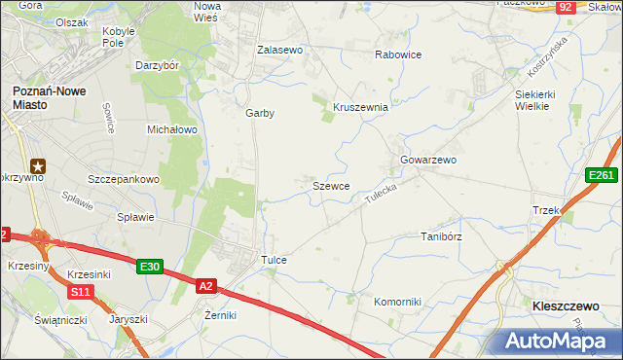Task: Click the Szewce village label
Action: coord(331,185)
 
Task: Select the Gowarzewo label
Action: coord(428,160)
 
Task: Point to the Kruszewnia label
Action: coord(361,107)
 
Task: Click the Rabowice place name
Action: coord(398,54)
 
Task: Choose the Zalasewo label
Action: coord(280,49)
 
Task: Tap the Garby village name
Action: coord(260,113)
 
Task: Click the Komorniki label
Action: coord(397,302)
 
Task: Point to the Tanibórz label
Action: coord(440,235)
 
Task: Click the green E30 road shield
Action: coord(149,267)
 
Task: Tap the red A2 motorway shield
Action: coord(205,286)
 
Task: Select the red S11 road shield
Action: coord(81,292)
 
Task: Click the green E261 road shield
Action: coord(601,175)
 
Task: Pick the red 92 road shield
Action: coord(566,7)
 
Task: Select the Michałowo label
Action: coord(171,128)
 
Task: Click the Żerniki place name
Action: coord(220,315)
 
